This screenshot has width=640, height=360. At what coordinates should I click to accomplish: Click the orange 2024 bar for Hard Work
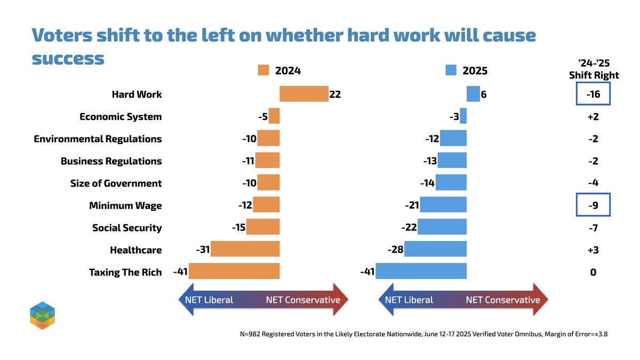point(303,94)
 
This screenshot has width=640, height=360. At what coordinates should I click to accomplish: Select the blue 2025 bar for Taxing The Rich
point(421,271)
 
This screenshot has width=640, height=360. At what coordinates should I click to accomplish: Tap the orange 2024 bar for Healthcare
point(245,249)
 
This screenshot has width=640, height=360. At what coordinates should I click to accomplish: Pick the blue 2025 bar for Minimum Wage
point(443,205)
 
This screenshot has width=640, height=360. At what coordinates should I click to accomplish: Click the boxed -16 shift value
point(593,94)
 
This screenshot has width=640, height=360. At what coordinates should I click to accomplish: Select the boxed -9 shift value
point(593,205)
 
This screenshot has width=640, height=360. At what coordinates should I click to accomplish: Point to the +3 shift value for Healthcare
point(593,250)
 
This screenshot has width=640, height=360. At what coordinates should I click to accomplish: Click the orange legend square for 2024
point(263,70)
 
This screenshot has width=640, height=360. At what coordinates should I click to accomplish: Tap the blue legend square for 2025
point(451,70)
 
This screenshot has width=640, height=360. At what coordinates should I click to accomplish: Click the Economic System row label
point(120,116)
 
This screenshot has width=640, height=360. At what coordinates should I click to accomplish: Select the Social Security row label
point(126,228)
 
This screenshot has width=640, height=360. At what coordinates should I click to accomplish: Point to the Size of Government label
point(116,183)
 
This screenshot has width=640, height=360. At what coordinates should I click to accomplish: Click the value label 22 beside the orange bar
point(335,94)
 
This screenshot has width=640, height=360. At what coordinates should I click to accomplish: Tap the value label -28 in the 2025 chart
point(395,250)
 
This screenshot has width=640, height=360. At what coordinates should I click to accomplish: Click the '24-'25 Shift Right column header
point(594,69)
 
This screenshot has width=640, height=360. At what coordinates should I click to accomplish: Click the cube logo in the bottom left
point(43,315)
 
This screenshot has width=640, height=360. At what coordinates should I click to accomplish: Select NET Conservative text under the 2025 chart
point(502,300)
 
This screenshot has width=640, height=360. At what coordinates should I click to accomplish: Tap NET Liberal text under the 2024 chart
point(209,300)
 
